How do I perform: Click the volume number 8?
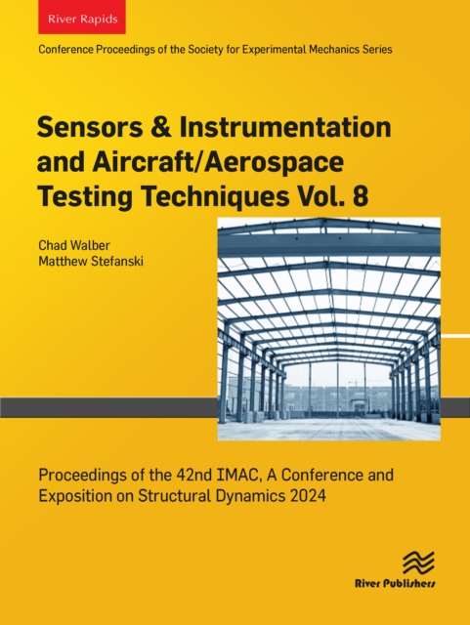click(362, 196)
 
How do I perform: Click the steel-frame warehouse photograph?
click(328, 329)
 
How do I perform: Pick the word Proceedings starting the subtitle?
click(84, 477)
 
